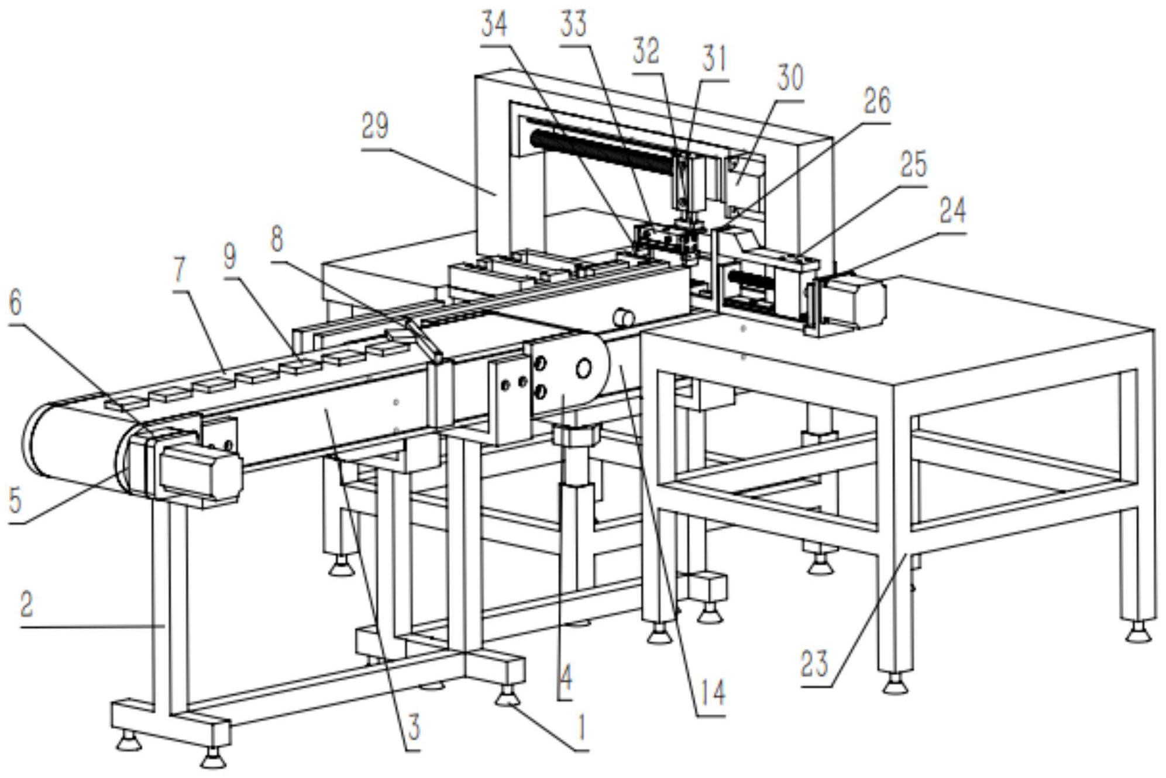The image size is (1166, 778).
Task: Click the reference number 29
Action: [375, 126]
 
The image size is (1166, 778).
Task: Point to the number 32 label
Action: [646, 51]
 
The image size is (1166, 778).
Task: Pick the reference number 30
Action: [789, 78]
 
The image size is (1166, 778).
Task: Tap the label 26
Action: [876, 101]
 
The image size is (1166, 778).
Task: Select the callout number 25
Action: [913, 165]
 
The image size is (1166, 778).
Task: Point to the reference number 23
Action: [815, 664]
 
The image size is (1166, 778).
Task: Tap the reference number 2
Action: [27, 606]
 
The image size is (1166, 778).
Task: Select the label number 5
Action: [15, 502]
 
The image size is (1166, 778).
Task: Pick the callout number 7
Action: [179, 269]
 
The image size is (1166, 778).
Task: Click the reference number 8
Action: [277, 239]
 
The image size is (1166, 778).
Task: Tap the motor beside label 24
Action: [855, 301]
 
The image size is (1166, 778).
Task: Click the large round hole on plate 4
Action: [583, 369]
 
